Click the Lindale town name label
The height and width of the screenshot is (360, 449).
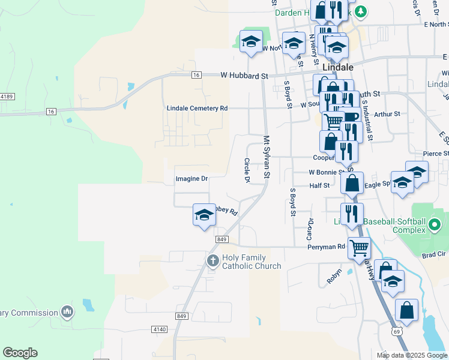click(x=337, y=67)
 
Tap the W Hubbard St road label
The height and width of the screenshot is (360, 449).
click(x=244, y=76)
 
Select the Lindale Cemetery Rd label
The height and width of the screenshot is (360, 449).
click(x=197, y=108)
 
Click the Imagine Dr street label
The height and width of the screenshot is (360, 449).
click(x=191, y=179)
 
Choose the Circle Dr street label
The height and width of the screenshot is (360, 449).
click(x=247, y=170)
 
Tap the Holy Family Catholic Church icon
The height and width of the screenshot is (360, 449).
click(x=212, y=260)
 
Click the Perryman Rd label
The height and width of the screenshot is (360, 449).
click(x=326, y=247)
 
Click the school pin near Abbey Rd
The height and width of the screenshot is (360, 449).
click(x=204, y=215)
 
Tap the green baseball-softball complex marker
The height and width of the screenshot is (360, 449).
click(x=435, y=226)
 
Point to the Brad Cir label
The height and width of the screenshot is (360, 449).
click(x=434, y=254)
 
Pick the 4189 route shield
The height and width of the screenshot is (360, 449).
click(x=7, y=96)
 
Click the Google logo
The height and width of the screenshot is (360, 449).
click(x=20, y=352)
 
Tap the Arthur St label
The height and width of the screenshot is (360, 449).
click(x=387, y=113)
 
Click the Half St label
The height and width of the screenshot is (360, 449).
click(x=319, y=186)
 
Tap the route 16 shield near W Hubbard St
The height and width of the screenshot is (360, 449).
click(x=196, y=75)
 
